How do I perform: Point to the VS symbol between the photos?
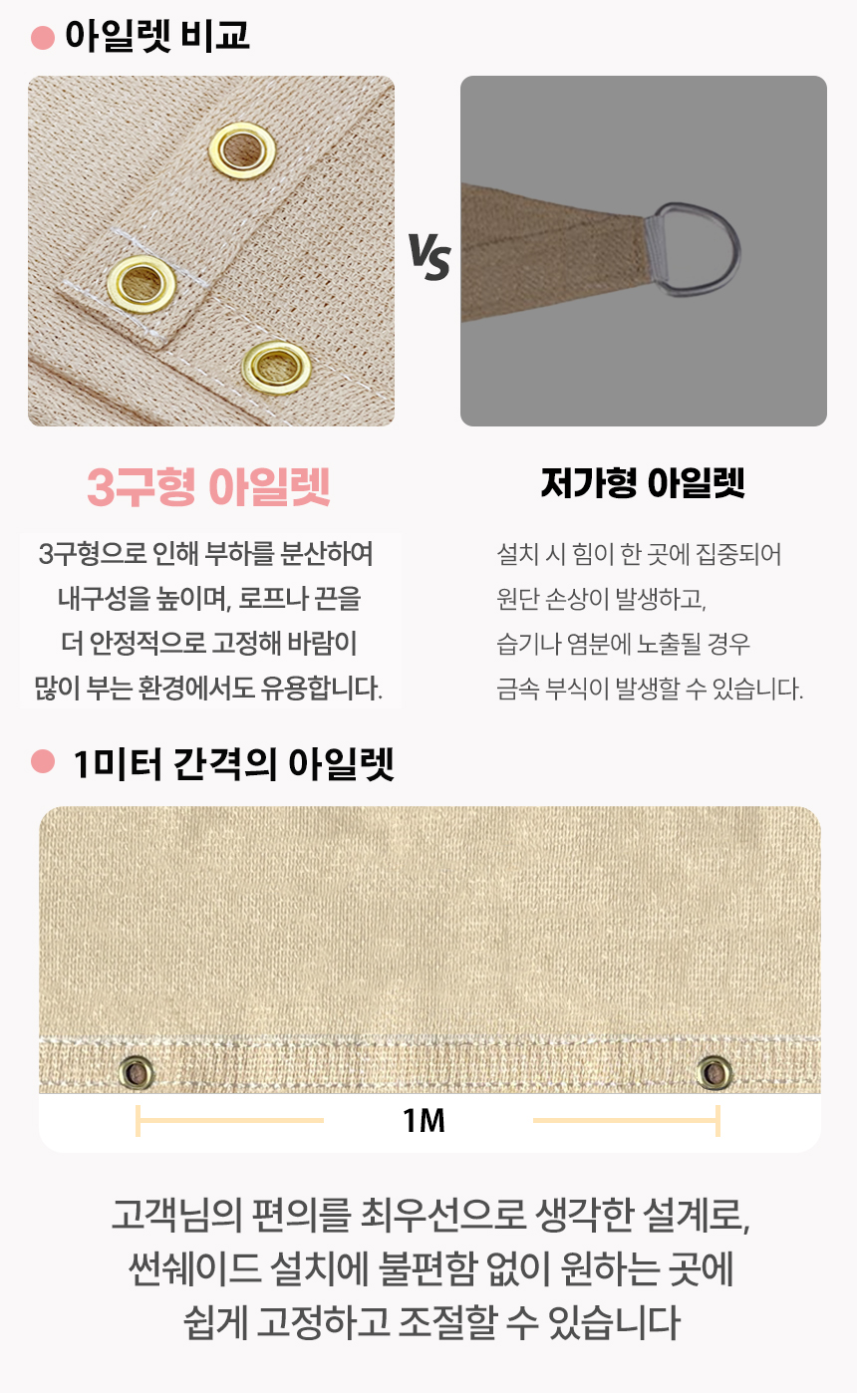(x=429, y=256)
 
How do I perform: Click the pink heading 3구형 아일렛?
(x=208, y=486)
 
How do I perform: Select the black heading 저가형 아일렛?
(x=643, y=483)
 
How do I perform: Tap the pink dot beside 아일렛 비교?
(x=43, y=37)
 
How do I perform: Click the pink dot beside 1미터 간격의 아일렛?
(x=43, y=761)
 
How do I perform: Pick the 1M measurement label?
(x=425, y=1121)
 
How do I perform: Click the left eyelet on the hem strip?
(x=137, y=1072)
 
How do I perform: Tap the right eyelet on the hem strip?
(x=714, y=1072)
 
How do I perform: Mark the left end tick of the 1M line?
(x=138, y=1121)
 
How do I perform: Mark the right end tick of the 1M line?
(x=717, y=1121)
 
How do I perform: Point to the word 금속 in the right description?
(x=517, y=689)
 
